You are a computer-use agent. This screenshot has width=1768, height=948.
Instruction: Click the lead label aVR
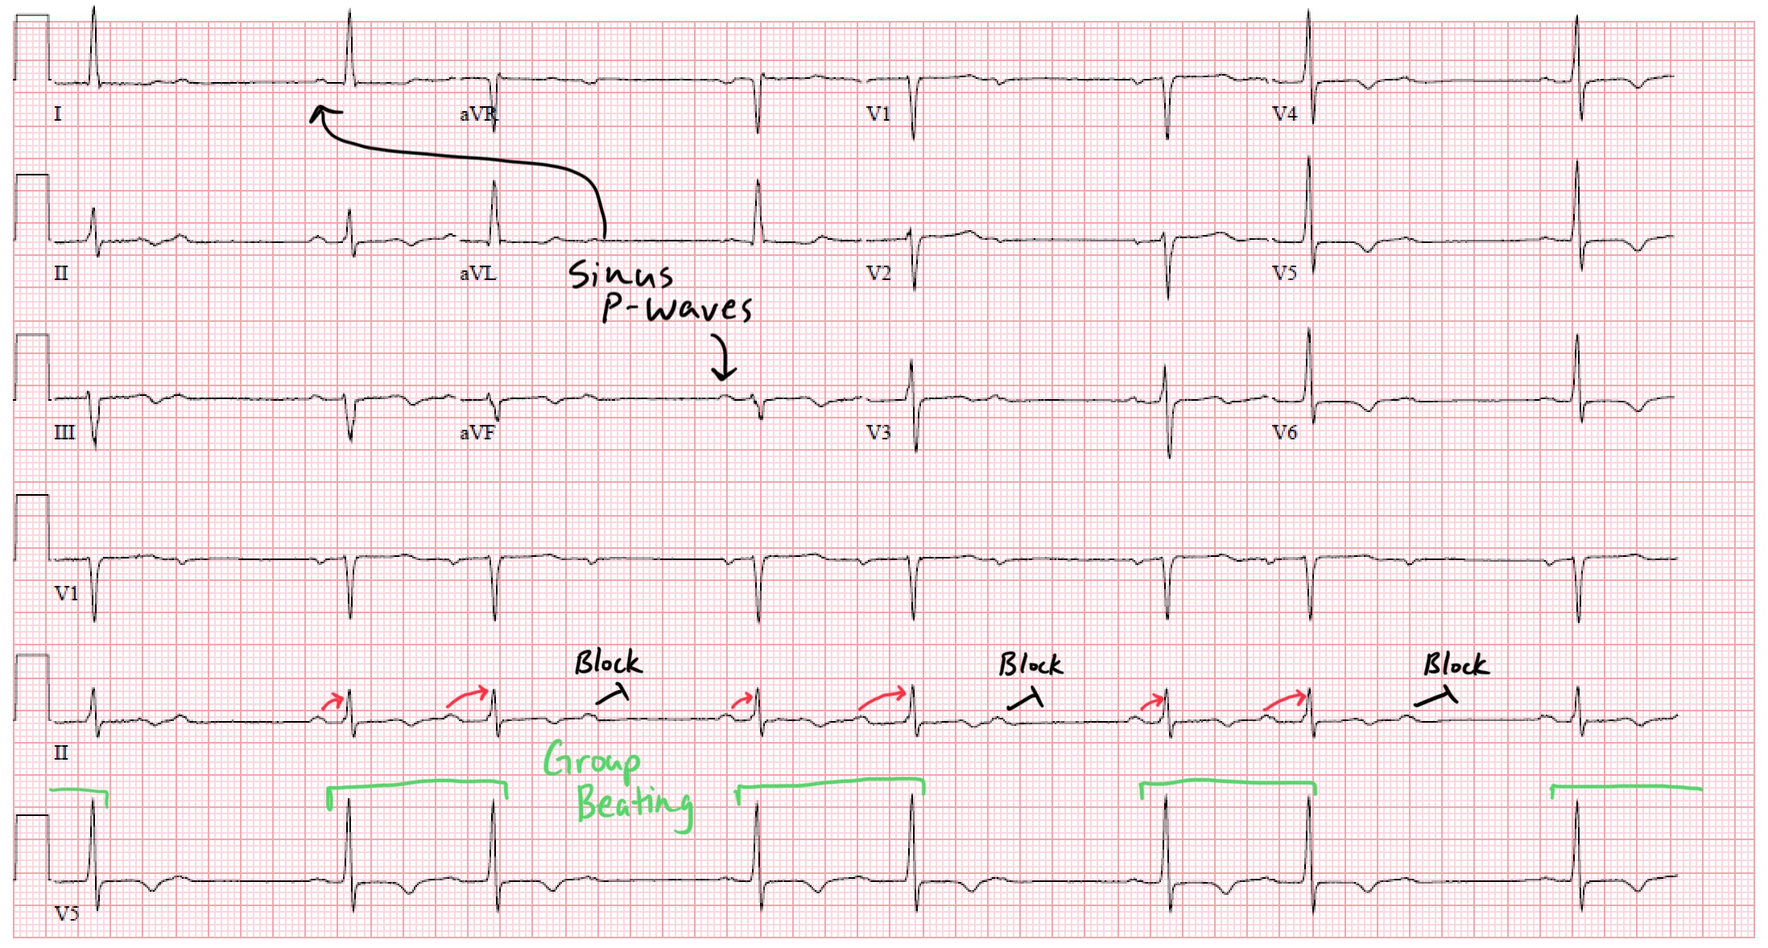pos(477,114)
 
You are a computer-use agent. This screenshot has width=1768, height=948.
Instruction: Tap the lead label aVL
pos(477,274)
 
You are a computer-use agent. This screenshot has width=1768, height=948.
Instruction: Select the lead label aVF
pos(477,433)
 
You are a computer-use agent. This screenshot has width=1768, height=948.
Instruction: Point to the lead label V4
pos(1285,114)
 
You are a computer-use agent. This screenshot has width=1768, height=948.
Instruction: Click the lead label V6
pos(1285,433)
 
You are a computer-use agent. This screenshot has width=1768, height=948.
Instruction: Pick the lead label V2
pos(878,274)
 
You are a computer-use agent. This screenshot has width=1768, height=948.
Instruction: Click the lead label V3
pos(878,433)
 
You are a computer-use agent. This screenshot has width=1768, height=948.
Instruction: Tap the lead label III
pos(64,433)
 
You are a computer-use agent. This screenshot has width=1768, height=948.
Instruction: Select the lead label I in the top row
pos(57,114)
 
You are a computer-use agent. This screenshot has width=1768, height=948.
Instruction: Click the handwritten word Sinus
pos(620,274)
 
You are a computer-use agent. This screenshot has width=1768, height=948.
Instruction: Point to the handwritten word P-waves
pos(677,309)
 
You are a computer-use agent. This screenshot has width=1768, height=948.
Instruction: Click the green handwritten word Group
pos(592,760)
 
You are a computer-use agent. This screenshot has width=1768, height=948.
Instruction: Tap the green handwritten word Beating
pos(634,804)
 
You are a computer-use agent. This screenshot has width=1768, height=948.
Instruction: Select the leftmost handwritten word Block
pos(608,663)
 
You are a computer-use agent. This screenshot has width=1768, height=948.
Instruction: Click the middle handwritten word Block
pos(1031,665)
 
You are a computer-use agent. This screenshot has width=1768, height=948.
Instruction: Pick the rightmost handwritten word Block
pos(1456,665)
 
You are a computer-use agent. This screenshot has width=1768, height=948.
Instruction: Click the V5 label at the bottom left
pos(67,913)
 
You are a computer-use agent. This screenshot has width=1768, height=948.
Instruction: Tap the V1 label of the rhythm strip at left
pos(67,594)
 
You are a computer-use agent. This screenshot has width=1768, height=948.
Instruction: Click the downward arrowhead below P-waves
pos(723,372)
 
